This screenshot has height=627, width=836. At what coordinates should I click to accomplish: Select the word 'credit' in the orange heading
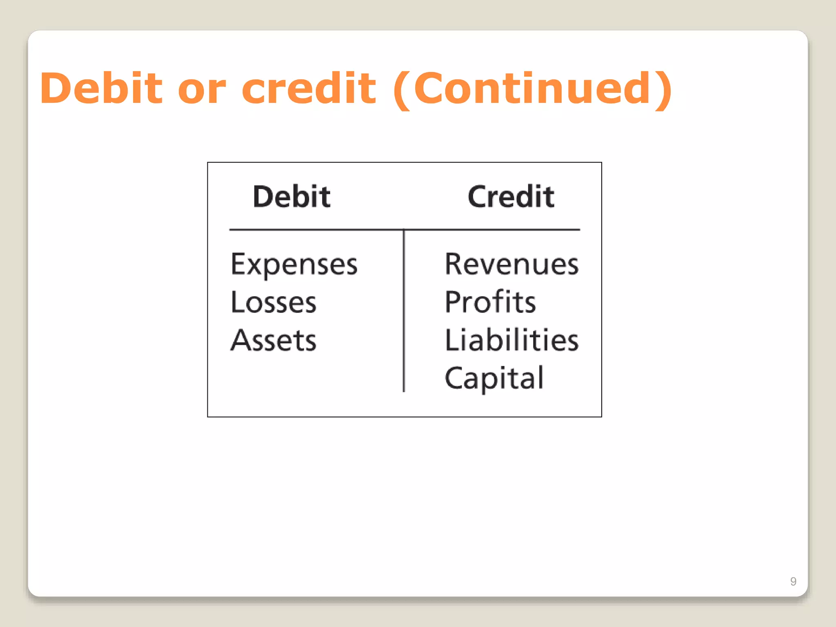tap(309, 88)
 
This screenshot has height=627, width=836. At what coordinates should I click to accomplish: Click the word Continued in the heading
tap(532, 88)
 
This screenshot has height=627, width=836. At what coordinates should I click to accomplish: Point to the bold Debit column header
tap(291, 197)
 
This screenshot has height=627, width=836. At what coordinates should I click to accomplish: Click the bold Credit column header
tap(511, 197)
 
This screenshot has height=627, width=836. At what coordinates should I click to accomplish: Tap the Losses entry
tap(273, 302)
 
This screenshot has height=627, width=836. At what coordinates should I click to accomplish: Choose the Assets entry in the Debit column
tap(273, 340)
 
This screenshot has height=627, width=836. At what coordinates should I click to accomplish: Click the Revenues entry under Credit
tap(511, 264)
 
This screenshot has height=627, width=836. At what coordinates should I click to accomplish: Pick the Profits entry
tap(490, 302)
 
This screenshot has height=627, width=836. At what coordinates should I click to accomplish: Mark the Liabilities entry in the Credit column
tap(511, 340)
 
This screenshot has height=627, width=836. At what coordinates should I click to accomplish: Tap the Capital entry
tap(494, 378)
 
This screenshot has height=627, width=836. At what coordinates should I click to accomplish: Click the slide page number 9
tap(793, 581)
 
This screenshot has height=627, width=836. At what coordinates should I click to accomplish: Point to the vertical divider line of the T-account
tap(404, 310)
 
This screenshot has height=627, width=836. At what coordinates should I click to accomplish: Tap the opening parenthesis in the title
tap(402, 90)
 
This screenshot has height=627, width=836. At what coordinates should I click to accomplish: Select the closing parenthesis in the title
tap(663, 90)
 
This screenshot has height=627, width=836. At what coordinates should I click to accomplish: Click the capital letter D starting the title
tap(58, 88)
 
